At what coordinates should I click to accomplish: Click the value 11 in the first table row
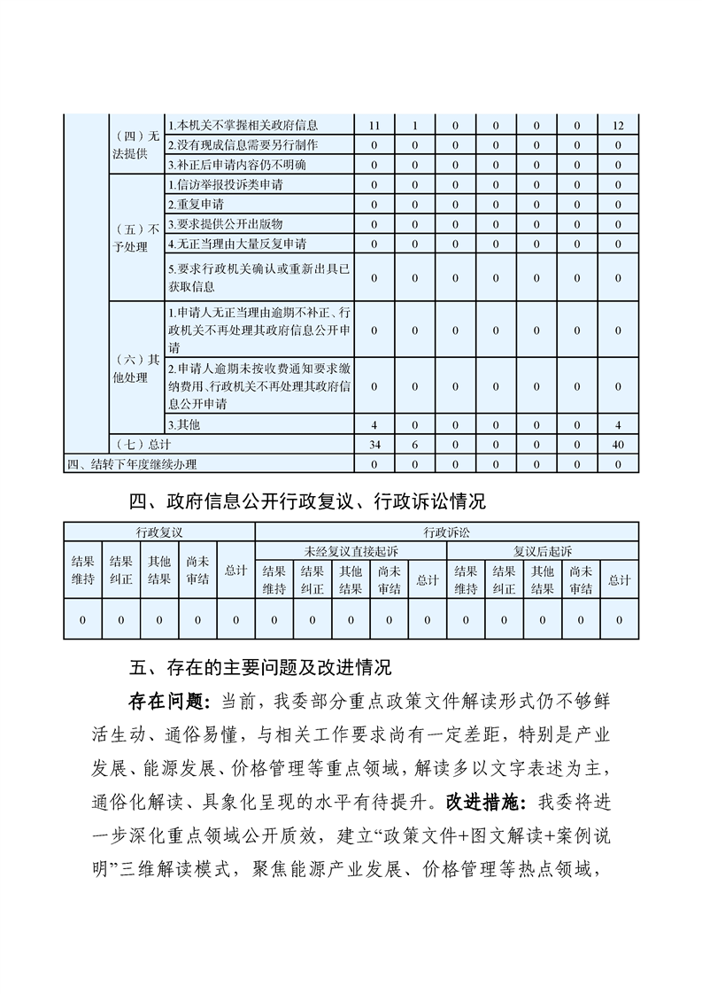[x=374, y=126]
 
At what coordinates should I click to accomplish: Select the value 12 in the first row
[x=618, y=126]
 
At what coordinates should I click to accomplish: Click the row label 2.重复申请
[x=194, y=205]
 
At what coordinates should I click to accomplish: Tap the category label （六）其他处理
[x=136, y=370]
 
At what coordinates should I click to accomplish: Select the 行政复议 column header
[x=159, y=532]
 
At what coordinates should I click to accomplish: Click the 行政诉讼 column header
[x=447, y=532]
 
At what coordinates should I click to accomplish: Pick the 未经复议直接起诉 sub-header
[x=351, y=551]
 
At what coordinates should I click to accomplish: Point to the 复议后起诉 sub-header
[x=543, y=551]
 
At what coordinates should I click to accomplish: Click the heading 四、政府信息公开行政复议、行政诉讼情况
[x=307, y=502]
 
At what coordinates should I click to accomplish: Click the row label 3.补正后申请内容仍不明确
[x=231, y=165]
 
